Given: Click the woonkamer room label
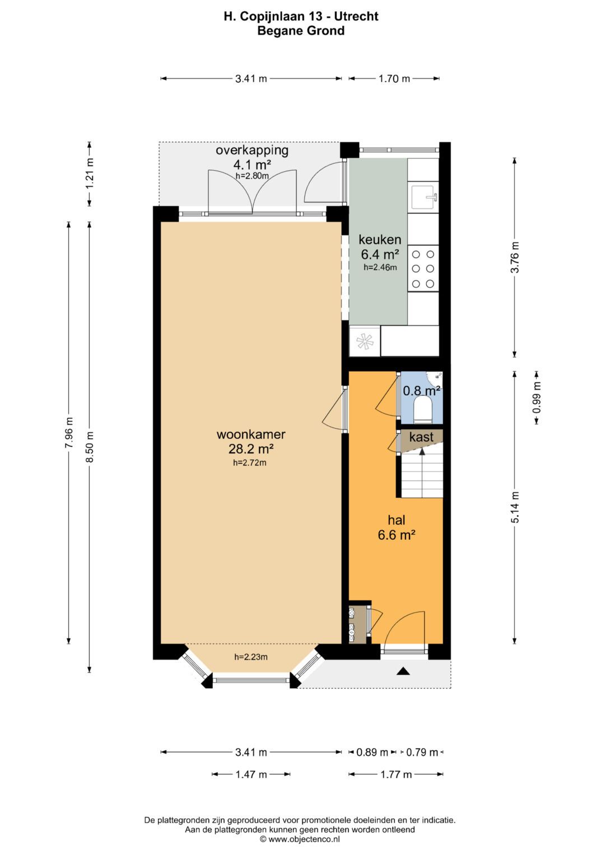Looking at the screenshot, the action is click(x=251, y=434).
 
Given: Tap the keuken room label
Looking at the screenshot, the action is click(x=380, y=240).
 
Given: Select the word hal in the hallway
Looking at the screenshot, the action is click(x=397, y=520).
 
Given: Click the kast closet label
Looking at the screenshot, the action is click(x=421, y=437).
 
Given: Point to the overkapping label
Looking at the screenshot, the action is click(x=252, y=150).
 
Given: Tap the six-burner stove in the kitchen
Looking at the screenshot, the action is click(x=423, y=269).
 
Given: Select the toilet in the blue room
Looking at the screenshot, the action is click(x=422, y=409).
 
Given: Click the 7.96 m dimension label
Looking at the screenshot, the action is click(x=69, y=433).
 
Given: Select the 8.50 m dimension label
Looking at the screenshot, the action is click(x=90, y=447).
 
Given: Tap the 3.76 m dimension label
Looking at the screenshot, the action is click(x=515, y=257).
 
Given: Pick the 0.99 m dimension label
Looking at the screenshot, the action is click(x=537, y=398).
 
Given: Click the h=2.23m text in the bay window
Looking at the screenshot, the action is click(x=250, y=657).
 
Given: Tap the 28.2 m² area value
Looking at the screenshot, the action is click(x=251, y=449).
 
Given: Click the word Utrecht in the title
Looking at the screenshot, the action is click(x=356, y=16).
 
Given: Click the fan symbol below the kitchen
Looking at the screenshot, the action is click(x=364, y=341).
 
